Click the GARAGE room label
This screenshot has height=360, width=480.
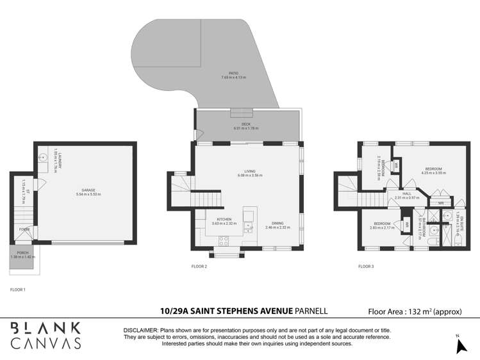88,191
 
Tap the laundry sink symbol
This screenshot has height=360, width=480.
43,156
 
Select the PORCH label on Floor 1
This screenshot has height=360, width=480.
22,252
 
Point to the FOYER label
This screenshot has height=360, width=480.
24,229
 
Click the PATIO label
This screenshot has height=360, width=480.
233,75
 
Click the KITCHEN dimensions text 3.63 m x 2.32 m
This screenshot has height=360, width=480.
224,224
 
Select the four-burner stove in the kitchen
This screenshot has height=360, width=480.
224,241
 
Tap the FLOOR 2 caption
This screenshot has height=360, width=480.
199,266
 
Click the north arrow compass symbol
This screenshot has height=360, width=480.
459,345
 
